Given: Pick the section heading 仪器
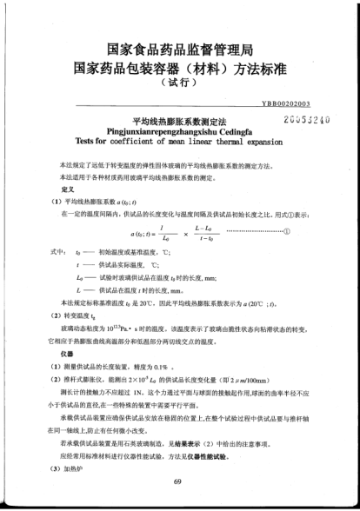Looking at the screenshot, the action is (67, 355).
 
